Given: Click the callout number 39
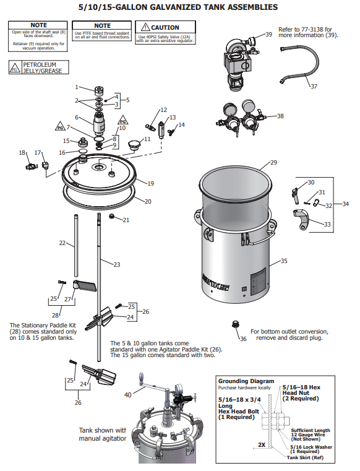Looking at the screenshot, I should (x=268, y=35).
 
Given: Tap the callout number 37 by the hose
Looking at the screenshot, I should (x=314, y=86).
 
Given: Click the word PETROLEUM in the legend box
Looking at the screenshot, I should (x=37, y=64).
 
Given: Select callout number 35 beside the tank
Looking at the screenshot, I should (x=284, y=261).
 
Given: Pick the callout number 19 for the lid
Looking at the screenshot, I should (x=150, y=183).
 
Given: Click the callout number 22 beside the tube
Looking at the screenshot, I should (x=62, y=243).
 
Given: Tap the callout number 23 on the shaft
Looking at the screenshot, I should (x=116, y=264).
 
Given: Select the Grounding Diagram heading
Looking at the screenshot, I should (x=246, y=381).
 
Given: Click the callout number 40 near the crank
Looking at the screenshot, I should (x=127, y=395).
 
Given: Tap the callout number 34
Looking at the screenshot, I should (x=345, y=204).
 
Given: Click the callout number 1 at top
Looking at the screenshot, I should (x=77, y=87).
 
